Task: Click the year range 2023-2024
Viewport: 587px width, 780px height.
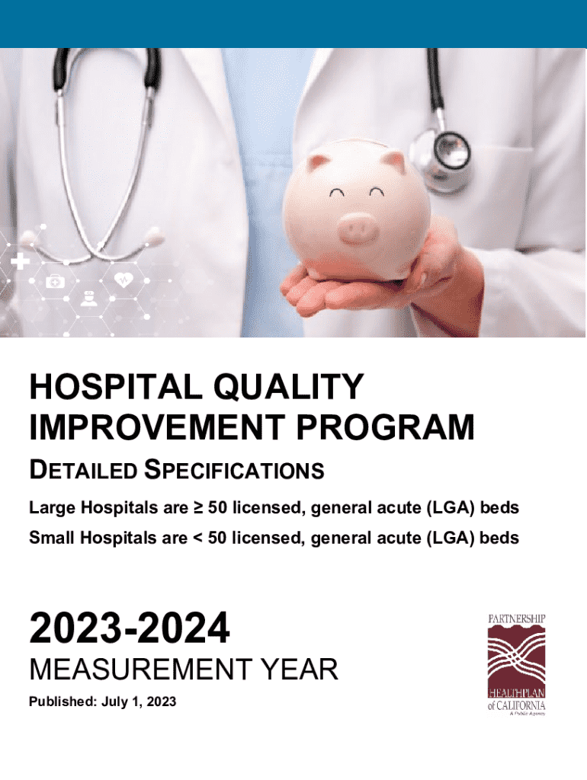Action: (x=130, y=629)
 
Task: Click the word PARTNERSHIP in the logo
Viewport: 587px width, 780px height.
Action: (x=517, y=619)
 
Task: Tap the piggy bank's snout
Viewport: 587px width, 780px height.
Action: (x=358, y=228)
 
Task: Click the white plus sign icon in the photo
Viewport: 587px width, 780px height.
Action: (x=21, y=262)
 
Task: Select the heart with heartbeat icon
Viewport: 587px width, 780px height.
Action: (x=123, y=280)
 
